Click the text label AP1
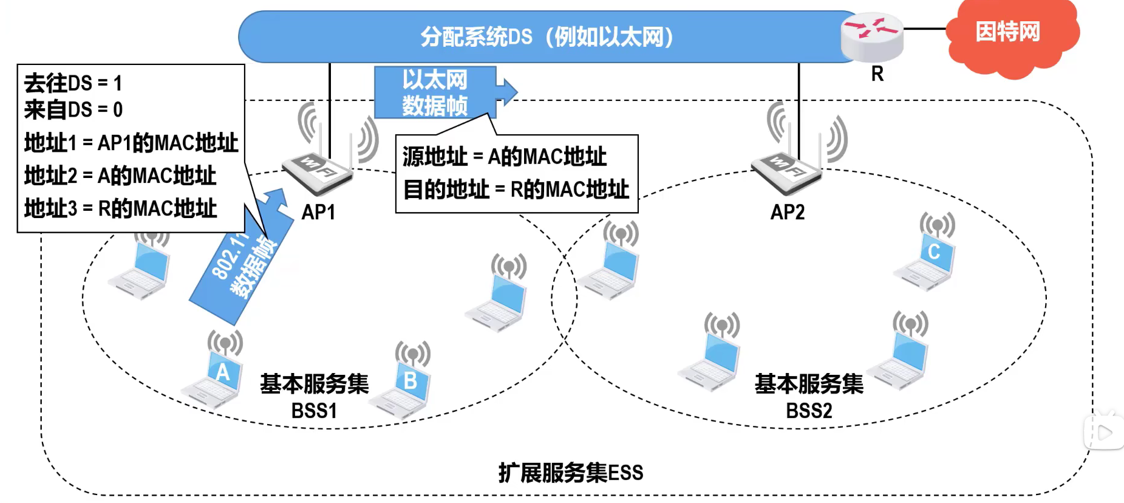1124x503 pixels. (x=318, y=212)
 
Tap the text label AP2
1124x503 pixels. (x=788, y=212)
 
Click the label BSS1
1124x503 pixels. (x=314, y=411)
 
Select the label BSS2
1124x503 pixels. (x=809, y=411)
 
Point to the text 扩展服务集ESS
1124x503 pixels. (x=571, y=473)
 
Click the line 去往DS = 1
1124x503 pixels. (x=73, y=83)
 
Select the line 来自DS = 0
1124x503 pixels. (x=73, y=109)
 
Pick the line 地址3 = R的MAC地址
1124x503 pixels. (x=120, y=208)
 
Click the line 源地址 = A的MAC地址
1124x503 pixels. (x=504, y=157)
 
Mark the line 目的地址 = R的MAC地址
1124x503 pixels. (x=516, y=189)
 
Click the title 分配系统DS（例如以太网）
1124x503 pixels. (x=547, y=37)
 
